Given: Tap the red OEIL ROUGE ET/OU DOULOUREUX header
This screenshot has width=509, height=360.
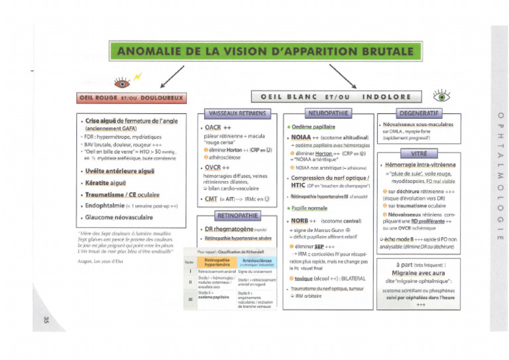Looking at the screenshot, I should pos(130,98).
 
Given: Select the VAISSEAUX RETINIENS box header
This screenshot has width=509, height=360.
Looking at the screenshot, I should pos(237,113).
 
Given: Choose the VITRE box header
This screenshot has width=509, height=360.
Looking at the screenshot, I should pos(419,154).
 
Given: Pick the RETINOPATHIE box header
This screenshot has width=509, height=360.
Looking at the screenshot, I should pos(237,215).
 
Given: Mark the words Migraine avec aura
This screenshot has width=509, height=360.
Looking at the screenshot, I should pos(420,272).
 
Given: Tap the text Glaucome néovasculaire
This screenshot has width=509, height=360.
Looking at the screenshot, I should pos(119,217).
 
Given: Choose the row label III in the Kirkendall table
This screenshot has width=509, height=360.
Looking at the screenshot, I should pos(190,299).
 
